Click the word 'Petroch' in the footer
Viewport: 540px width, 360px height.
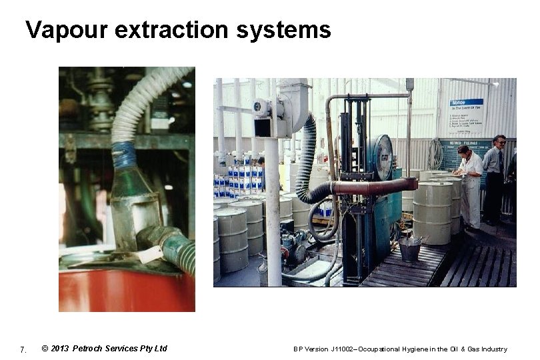click(91, 349)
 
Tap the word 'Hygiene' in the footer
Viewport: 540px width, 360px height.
click(414, 349)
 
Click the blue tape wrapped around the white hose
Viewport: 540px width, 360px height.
click(124, 155)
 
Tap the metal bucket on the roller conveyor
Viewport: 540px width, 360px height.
click(409, 249)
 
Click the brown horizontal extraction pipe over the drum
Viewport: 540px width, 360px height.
click(373, 187)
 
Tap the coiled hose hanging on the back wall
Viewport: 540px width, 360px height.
click(435, 155)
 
